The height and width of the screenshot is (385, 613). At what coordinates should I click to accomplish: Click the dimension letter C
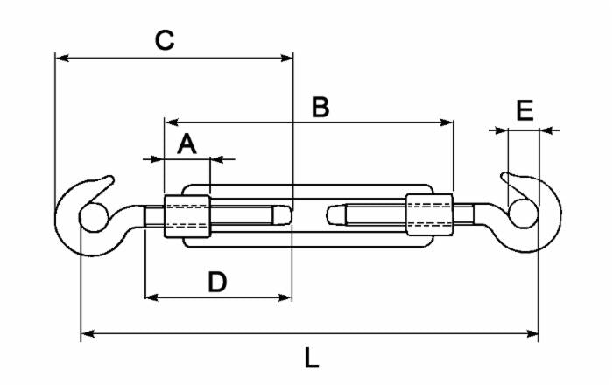164,39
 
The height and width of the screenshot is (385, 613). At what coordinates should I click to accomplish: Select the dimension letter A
187,143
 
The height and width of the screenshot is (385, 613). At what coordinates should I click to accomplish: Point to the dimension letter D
217,282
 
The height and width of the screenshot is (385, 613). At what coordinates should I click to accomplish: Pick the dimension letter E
525,111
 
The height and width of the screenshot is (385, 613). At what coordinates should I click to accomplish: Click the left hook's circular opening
91,217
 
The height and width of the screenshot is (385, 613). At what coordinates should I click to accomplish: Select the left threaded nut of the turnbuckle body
187,215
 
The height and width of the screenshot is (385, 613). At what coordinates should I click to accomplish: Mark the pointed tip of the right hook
504,176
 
